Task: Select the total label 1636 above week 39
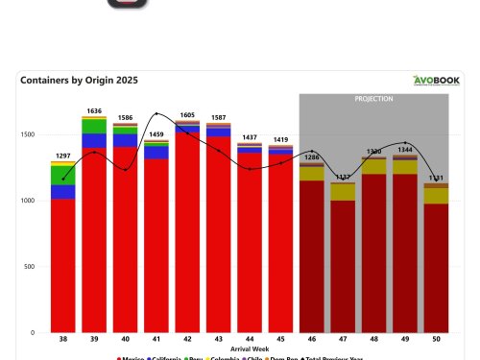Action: click(94, 109)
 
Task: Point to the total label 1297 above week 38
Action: click(63, 155)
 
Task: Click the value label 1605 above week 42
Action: click(187, 114)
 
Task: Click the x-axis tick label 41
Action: click(156, 341)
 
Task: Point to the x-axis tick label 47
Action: click(343, 341)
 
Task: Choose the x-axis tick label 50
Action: click(436, 341)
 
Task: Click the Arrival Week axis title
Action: click(250, 351)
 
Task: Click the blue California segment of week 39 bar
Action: click(94, 141)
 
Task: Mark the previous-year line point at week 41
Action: click(156, 114)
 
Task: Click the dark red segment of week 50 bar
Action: click(436, 269)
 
